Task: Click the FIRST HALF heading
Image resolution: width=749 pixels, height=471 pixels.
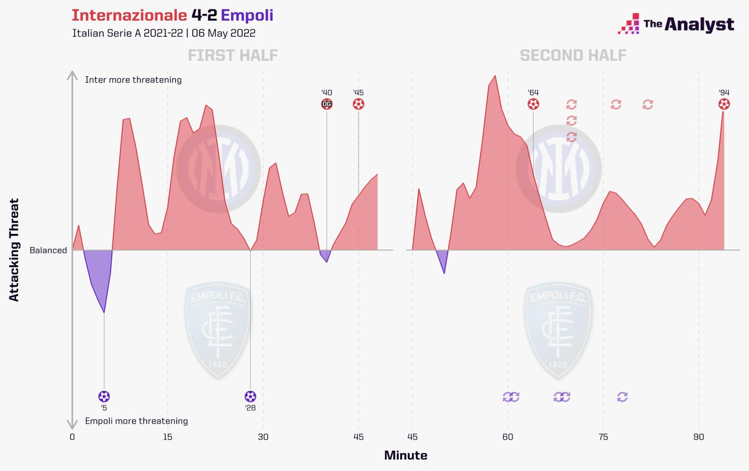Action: (232, 56)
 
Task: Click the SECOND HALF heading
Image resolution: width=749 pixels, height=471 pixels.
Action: (573, 56)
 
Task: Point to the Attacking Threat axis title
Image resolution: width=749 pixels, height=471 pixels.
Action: (14, 250)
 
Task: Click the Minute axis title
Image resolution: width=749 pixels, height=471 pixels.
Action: (406, 455)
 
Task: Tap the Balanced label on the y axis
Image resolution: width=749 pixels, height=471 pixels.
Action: (48, 250)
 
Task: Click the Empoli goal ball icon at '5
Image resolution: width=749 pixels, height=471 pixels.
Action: (104, 396)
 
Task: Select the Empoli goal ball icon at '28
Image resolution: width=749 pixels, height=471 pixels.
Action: (250, 396)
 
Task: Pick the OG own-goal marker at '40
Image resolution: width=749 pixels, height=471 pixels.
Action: (326, 104)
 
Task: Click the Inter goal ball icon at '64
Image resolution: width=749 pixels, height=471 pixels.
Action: (533, 104)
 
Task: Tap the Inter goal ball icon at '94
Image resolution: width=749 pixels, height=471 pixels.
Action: (724, 104)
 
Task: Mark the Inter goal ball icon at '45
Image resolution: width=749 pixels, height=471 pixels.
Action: (359, 104)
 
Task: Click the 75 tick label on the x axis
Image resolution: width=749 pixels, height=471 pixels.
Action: (604, 437)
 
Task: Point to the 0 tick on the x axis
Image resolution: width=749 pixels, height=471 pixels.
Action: (72, 437)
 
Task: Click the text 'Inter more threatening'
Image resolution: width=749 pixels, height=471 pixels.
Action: (133, 80)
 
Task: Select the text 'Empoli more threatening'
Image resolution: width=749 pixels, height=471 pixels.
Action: (136, 421)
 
